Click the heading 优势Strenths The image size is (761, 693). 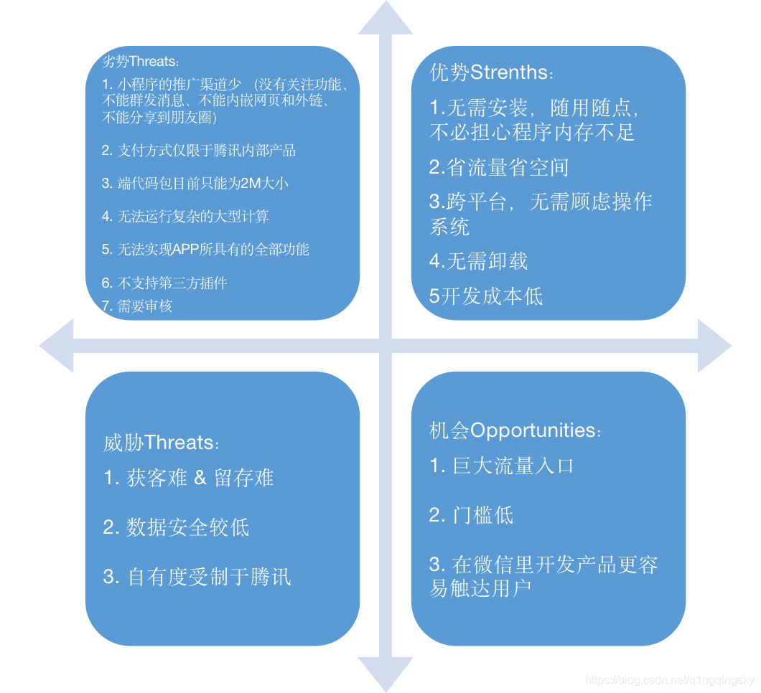(492, 72)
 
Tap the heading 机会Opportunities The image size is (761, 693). (515, 430)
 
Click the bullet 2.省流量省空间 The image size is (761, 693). (499, 168)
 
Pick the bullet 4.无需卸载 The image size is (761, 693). (479, 261)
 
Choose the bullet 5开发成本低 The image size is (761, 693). (486, 296)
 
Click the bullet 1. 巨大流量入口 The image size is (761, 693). (502, 466)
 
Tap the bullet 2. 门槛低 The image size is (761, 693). (472, 515)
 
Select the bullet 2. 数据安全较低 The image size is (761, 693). (177, 528)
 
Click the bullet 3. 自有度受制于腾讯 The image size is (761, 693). (197, 577)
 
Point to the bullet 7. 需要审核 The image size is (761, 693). (137, 306)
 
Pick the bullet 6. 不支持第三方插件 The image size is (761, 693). (164, 283)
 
